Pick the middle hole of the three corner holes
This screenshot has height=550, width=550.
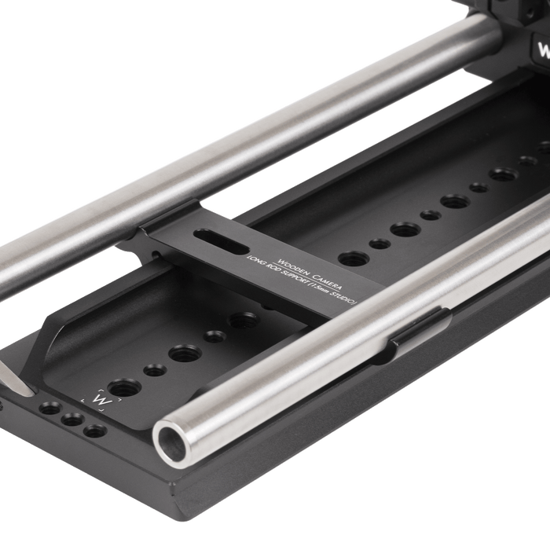tap(71, 420)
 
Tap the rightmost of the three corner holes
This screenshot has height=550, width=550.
tap(94, 431)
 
